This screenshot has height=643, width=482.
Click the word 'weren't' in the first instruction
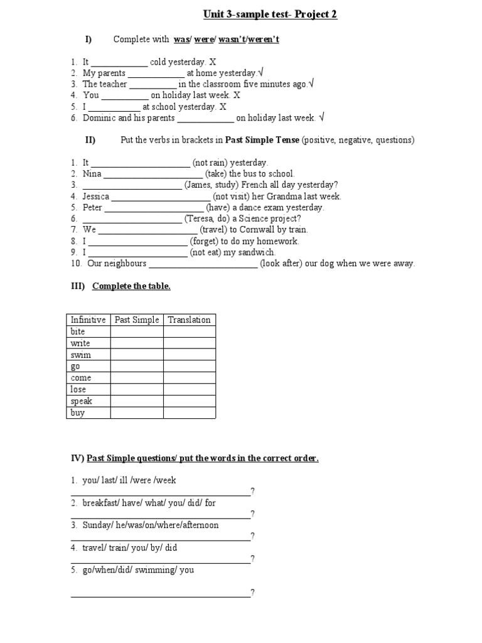tap(264, 40)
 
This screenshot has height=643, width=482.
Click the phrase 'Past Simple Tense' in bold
tap(262, 140)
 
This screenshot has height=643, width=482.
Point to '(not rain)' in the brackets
tap(212, 162)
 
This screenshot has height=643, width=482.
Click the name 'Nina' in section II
tap(92, 173)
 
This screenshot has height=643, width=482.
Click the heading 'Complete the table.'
tap(131, 286)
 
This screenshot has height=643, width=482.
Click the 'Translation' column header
tap(189, 320)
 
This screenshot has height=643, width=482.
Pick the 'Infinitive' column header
tap(88, 320)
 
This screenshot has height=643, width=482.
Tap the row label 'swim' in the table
tap(80, 355)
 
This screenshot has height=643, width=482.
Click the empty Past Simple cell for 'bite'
tap(137, 332)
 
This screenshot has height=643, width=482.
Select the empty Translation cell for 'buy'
tap(190, 413)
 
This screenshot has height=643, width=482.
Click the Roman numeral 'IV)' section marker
tap(77, 458)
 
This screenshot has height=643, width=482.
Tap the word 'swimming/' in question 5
tap(158, 570)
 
